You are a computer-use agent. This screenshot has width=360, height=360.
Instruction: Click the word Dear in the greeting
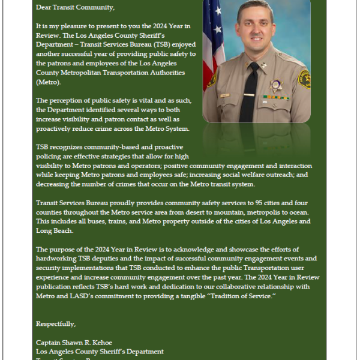pyautogui.click(x=44, y=8)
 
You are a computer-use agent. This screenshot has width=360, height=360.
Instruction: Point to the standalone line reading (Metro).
pyautogui.click(x=49, y=81)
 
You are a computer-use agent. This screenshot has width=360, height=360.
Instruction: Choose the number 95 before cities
pyautogui.click(x=242, y=203)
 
